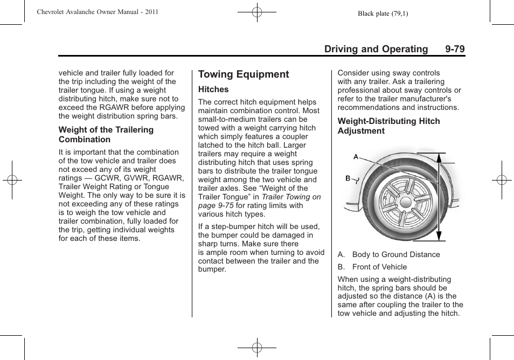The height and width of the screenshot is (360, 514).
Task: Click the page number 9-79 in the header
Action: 455,49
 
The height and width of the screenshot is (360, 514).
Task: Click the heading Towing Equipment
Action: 244,74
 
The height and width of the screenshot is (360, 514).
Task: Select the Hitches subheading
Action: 213,89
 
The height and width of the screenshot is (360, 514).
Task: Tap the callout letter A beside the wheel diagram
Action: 356,157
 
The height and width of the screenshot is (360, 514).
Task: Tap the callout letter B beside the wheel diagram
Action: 348,178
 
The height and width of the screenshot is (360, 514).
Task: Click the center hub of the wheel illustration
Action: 405,200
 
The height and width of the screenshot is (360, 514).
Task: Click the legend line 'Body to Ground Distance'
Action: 395,254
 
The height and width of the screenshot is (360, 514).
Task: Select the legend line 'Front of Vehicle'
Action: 379,267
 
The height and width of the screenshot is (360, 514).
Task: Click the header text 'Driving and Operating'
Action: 376,49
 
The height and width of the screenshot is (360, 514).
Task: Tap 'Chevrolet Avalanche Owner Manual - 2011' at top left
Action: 98,12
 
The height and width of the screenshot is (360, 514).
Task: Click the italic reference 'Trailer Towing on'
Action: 291,197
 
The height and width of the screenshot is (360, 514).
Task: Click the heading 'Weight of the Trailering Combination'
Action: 106,135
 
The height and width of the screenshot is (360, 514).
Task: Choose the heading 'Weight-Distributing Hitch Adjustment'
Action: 388,126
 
